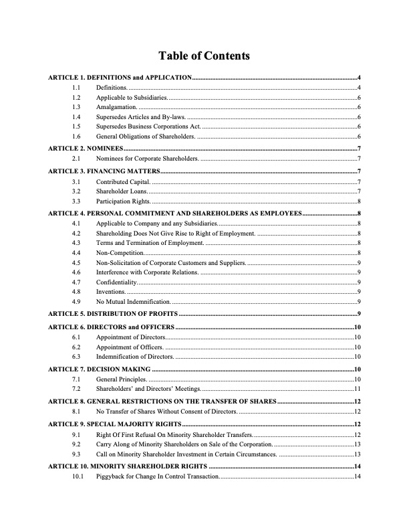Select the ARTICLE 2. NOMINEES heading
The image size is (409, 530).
(x=86, y=148)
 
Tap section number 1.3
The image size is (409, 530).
(x=76, y=107)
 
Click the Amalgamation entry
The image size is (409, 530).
(x=116, y=107)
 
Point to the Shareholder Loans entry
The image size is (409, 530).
(x=121, y=191)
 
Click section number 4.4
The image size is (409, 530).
(x=76, y=254)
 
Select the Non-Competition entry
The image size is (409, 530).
(x=120, y=254)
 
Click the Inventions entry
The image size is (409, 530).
(x=111, y=292)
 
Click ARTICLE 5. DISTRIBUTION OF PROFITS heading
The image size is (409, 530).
(x=113, y=314)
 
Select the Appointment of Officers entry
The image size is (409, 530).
(x=130, y=347)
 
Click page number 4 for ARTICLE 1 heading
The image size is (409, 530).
(x=360, y=78)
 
